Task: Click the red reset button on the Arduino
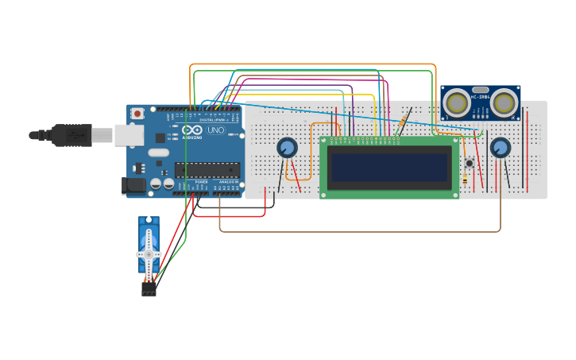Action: (137, 114)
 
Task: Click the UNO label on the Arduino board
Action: (215, 130)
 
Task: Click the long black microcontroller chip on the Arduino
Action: (207, 169)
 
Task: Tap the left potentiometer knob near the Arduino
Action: (287, 147)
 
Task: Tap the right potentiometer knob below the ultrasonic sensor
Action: (500, 147)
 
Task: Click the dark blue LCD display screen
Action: (389, 168)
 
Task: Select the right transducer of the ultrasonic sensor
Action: (504, 103)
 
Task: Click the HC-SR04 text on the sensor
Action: (480, 98)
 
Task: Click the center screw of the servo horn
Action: (149, 254)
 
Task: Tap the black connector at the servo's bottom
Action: (149, 291)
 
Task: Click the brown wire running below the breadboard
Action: (358, 231)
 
